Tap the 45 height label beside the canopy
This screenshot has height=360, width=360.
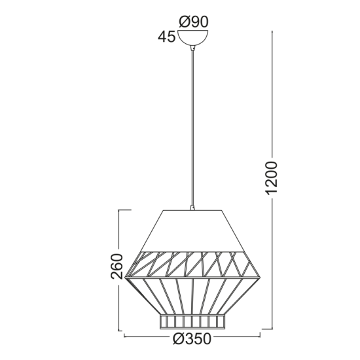click(x=167, y=37)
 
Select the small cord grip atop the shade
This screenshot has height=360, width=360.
click(x=192, y=208)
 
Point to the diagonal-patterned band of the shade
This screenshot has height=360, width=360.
click(x=192, y=263)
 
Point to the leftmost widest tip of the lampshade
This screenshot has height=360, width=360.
click(x=125, y=278)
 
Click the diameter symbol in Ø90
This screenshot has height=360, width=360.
click(x=185, y=22)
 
